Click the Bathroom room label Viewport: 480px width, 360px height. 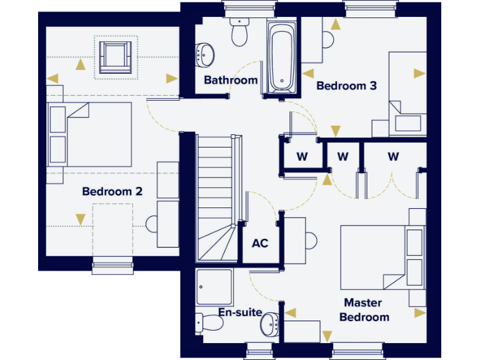pos(231,80)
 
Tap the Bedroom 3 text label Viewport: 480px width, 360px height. pos(346,86)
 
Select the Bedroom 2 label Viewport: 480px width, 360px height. pos(112,191)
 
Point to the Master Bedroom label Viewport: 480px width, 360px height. pos(364,310)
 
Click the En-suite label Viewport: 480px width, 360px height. pos(240,312)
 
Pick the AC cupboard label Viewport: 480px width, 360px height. pos(260,243)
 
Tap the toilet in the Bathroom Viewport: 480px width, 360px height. pos(239,32)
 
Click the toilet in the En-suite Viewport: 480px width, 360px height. pos(209,322)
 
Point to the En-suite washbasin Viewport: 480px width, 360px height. pos(269,322)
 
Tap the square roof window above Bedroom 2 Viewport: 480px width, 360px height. pos(115,57)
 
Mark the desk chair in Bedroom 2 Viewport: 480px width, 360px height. pos(152,223)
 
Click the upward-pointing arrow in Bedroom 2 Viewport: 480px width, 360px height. pos(80,63)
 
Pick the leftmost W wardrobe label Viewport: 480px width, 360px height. pos(302,157)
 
